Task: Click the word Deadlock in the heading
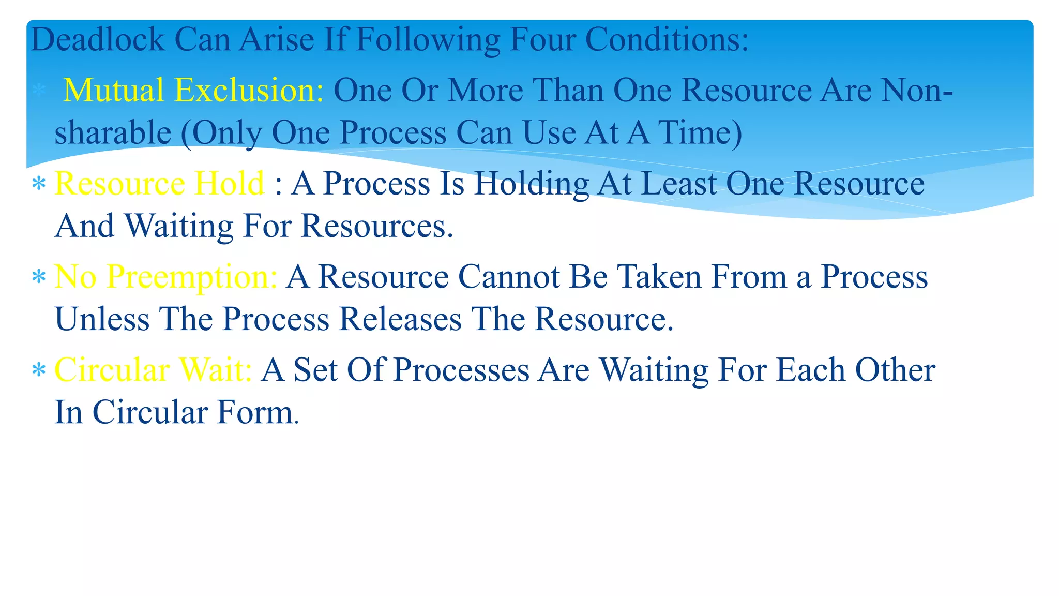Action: [x=98, y=39]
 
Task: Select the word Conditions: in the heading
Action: [x=667, y=39]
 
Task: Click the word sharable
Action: [x=113, y=133]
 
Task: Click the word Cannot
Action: [x=509, y=277]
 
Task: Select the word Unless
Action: [x=102, y=319]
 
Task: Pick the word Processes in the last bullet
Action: [x=461, y=370]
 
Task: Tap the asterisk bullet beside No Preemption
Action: [x=39, y=277]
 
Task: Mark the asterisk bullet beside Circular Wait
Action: [x=39, y=370]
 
